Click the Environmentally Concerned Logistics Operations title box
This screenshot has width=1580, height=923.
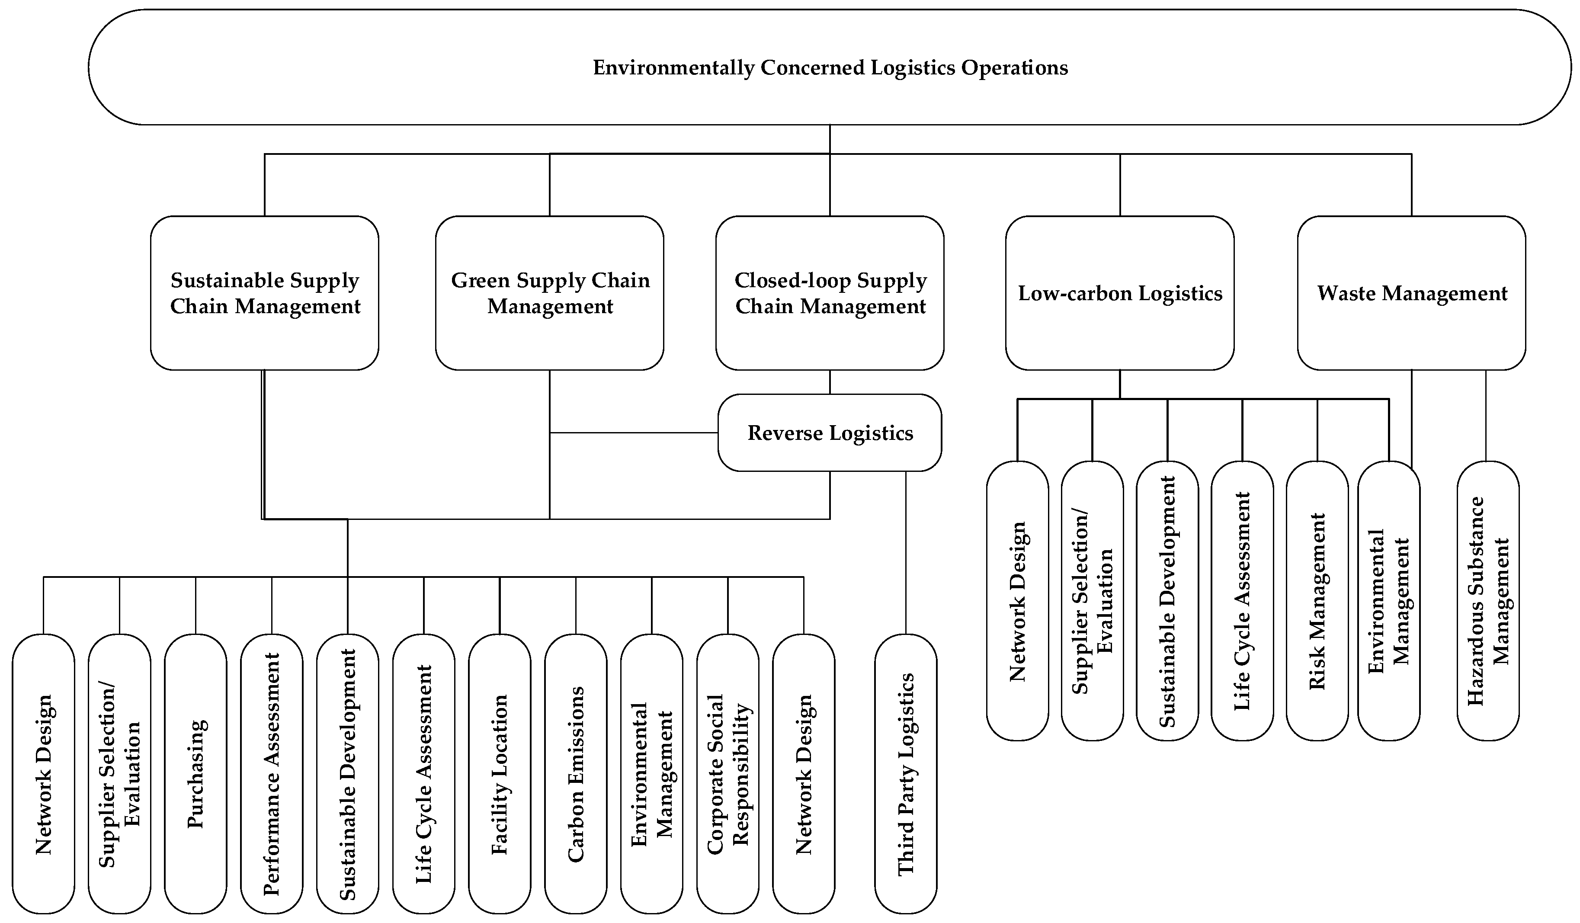830,67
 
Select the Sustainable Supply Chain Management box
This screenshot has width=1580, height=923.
265,293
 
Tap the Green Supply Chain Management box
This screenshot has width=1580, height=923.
550,293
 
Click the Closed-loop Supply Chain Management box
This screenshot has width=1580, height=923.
830,293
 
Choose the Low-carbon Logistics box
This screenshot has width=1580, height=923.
1120,293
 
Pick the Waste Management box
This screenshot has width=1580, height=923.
1411,293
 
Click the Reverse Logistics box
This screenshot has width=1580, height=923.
830,433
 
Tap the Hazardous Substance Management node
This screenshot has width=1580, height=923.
1488,601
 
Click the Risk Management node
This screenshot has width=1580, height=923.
1317,601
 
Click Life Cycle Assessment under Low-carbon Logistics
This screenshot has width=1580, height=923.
1242,601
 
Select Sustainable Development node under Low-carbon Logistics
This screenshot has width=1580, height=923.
1167,601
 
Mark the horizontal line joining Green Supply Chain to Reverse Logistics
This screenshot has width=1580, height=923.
633,433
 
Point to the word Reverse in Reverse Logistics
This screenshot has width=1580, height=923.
785,433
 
